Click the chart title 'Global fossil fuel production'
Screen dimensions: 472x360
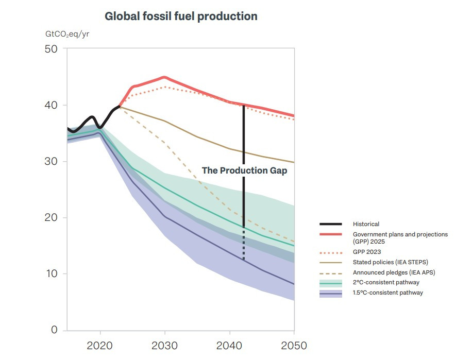coord(181,16)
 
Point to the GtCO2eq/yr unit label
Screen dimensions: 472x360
coord(67,34)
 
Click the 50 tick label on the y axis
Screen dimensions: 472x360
coord(51,49)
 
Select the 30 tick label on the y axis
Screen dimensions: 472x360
coord(51,161)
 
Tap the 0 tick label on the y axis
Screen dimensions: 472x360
coord(54,330)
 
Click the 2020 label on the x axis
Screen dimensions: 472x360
coord(99,346)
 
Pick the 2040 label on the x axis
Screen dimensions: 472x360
coord(229,346)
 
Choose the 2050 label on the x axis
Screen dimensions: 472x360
coord(294,346)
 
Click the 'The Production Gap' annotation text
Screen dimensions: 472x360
coord(244,170)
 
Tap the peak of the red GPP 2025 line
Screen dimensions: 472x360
coord(165,77)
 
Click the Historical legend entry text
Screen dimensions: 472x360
coord(366,224)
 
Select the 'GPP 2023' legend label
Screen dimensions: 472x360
coord(367,252)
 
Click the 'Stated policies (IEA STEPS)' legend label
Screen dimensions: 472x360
coord(391,262)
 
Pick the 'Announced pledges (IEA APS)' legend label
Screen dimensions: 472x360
coord(394,272)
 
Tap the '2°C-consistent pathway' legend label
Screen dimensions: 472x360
coord(386,282)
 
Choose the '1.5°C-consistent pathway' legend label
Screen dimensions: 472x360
coord(388,293)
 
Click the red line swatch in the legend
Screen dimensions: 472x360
coord(331,234)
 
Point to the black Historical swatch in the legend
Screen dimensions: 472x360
coord(331,224)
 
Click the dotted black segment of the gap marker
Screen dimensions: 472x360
coord(244,244)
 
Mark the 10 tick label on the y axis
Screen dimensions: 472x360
coord(51,273)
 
